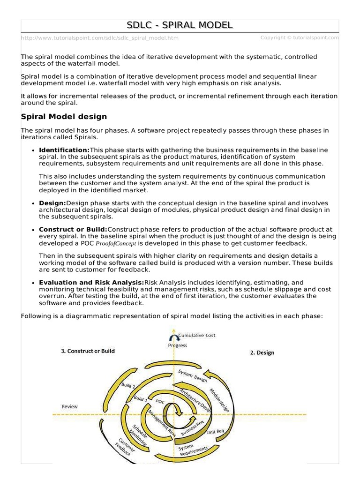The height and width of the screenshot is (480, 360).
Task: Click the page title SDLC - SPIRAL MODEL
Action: pos(180,25)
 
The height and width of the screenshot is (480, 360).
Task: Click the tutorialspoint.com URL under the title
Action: pos(99,38)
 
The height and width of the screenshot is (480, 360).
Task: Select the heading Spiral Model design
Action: pos(64,116)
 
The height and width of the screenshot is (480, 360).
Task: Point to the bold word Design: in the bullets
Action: pos(52,203)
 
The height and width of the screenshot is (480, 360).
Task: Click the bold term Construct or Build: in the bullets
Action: pos(73,229)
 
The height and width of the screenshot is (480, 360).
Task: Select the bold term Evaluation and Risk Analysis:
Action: pos(92,283)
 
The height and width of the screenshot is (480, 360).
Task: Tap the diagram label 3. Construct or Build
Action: pos(88,351)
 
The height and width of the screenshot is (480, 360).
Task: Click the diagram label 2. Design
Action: pos(262,353)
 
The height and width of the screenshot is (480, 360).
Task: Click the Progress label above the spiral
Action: pos(177,345)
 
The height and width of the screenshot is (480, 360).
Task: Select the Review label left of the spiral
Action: pos(70,406)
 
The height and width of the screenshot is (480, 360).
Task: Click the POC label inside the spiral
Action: pos(159,402)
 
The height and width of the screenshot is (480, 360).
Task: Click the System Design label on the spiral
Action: pos(193,375)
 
